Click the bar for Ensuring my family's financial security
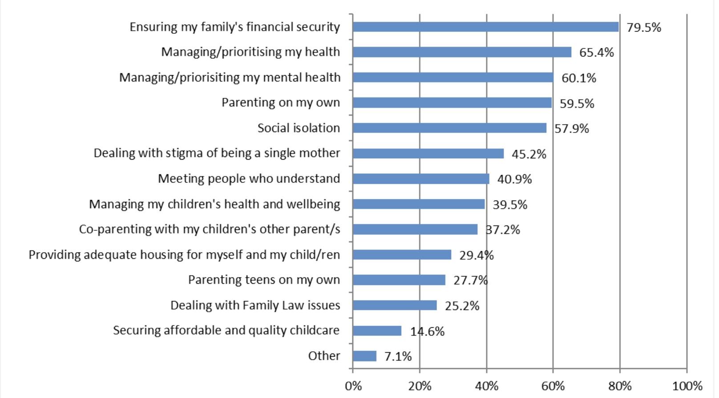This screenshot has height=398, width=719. click(485, 27)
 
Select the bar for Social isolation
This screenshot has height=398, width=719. click(449, 128)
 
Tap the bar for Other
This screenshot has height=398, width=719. click(364, 356)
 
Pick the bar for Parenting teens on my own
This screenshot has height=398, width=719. click(399, 280)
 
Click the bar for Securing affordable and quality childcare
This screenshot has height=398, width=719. click(377, 331)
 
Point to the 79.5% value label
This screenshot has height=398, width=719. click(644, 28)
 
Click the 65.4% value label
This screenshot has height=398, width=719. click(596, 52)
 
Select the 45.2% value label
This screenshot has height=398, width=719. click(529, 154)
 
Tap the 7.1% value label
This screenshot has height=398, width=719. click(398, 357)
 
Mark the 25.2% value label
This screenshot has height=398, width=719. click(462, 306)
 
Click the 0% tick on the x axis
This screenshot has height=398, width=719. click(353, 386)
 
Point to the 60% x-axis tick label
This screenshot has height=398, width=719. click(553, 386)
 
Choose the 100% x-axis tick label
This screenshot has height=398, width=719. click(687, 386)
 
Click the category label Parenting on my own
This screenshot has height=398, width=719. click(281, 103)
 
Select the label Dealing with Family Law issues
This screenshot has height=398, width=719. click(255, 306)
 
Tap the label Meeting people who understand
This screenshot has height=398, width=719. click(249, 179)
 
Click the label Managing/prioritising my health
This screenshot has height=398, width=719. click(250, 52)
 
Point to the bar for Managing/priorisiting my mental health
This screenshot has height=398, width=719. click(453, 77)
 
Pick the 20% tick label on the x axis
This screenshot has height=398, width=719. click(420, 386)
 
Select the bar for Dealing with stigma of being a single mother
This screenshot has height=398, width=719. click(428, 153)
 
